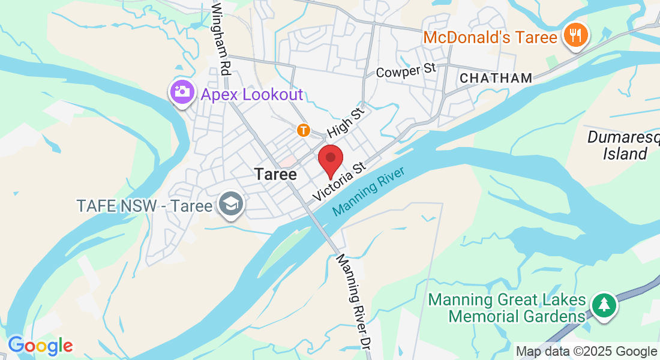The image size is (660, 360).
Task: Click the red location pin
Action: pos(330,160)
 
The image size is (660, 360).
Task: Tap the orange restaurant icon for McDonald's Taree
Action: pos(575,35)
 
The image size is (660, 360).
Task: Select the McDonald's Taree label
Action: pos(490,37)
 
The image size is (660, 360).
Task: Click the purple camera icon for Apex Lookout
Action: pos(182,92)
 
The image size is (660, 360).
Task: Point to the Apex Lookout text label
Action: pos(252,94)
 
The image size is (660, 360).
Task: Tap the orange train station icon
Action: pos(304,130)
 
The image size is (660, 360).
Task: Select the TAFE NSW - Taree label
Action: pos(145,206)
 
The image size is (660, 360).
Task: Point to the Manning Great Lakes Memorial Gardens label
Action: pos(507,307)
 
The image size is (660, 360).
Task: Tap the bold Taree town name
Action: pos(275,174)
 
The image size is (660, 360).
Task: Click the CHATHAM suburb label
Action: pos(496,78)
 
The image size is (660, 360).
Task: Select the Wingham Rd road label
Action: pos(220,38)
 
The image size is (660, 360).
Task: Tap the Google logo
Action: pos(40,346)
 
